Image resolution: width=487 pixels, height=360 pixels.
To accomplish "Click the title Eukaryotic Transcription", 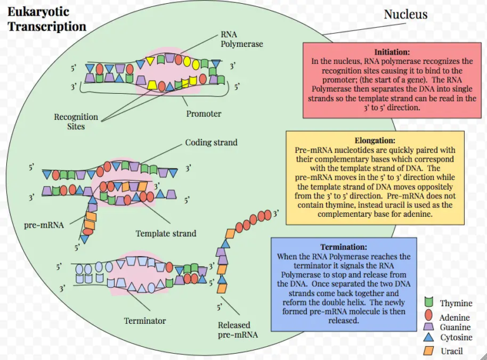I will [x=46, y=20].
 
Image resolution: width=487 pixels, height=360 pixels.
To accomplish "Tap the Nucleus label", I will [x=406, y=14].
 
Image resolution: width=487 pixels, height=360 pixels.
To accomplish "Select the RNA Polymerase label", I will [x=242, y=39].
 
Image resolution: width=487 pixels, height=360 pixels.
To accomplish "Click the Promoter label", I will [x=204, y=113].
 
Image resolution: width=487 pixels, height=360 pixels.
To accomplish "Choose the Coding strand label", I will [x=211, y=143].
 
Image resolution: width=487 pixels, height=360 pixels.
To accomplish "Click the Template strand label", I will [x=166, y=233].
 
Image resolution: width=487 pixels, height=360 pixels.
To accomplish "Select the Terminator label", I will [x=145, y=321].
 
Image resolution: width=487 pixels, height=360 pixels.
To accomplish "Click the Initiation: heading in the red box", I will [x=392, y=51].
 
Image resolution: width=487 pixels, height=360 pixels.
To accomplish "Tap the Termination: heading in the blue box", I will [x=344, y=247].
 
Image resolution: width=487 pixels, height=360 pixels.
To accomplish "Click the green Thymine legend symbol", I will [x=429, y=304].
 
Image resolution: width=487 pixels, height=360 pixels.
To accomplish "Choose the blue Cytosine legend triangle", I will [x=429, y=338].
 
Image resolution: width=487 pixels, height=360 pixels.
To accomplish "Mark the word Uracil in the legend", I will [x=452, y=350].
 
